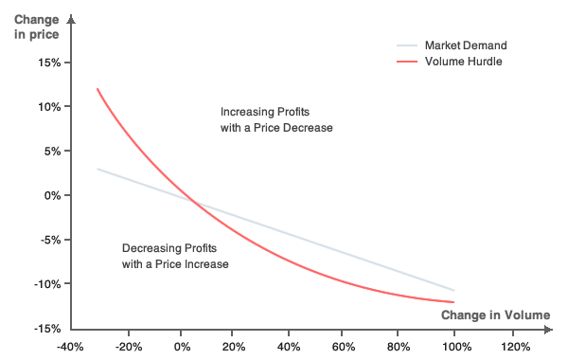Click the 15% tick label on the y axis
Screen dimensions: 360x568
[49, 63]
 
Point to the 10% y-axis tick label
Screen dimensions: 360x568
[49, 106]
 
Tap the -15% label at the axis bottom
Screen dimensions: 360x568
[47, 329]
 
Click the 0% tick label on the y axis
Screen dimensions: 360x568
[52, 195]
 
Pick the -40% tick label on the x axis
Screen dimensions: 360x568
[72, 347]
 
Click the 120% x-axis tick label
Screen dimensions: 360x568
[513, 347]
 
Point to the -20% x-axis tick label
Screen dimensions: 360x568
[128, 347]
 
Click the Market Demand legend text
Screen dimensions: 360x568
[466, 45]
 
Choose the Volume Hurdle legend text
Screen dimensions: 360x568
[463, 62]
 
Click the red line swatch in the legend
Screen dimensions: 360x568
[406, 62]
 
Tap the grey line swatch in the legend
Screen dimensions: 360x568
[406, 45]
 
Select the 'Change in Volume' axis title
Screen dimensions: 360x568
[495, 315]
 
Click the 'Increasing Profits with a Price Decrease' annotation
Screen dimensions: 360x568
[276, 119]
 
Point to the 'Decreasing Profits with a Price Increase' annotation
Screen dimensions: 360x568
[175, 256]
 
